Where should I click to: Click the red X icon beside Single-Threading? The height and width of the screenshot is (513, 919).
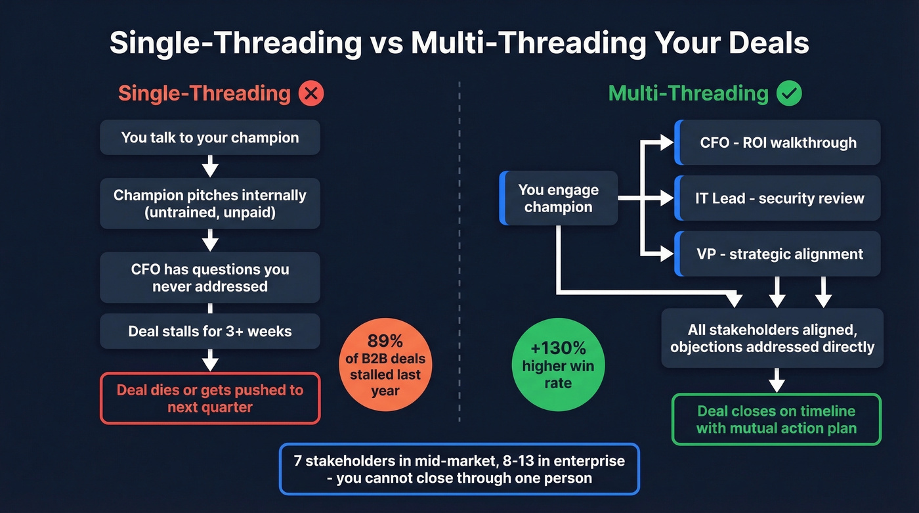(x=311, y=93)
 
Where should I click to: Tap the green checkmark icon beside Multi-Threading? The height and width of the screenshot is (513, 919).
(x=789, y=93)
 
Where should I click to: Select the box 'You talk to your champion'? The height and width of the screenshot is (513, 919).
(x=210, y=138)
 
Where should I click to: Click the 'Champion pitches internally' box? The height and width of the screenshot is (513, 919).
(x=210, y=204)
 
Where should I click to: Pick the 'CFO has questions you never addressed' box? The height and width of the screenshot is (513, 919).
(x=210, y=277)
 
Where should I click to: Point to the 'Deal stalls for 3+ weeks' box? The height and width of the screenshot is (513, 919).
(x=210, y=331)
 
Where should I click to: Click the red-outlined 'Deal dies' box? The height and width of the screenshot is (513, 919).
(x=210, y=398)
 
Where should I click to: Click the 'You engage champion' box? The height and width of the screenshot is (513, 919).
(x=559, y=198)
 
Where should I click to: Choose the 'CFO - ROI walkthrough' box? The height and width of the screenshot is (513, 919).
(x=778, y=143)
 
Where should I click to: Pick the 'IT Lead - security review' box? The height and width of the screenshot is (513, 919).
(x=778, y=198)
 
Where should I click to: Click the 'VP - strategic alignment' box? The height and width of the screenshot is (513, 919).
(x=778, y=254)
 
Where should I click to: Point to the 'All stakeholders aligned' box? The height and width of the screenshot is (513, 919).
(x=772, y=338)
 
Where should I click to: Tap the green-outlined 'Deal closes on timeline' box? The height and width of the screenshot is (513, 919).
(x=776, y=420)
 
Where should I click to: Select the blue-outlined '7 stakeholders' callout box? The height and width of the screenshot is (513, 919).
(x=459, y=469)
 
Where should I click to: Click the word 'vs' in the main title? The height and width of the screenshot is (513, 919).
(x=386, y=43)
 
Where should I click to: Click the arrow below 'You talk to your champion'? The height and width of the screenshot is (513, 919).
(x=210, y=166)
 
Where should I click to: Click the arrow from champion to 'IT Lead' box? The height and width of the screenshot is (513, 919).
(x=647, y=198)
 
